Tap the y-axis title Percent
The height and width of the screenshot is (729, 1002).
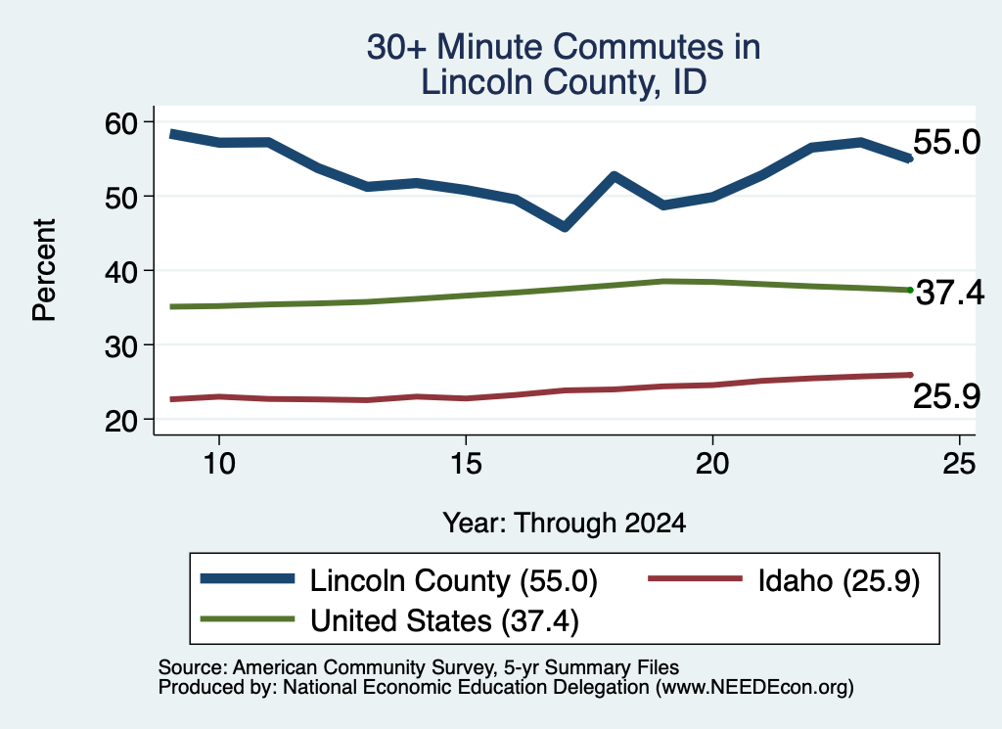44,270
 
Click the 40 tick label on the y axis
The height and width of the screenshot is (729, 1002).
121,271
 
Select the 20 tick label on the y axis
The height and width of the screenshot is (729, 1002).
121,421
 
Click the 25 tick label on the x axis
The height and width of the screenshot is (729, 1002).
959,463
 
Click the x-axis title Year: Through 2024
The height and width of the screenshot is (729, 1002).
565,523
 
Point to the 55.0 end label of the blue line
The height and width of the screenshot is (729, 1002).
946,141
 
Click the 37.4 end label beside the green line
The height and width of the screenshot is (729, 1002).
949,293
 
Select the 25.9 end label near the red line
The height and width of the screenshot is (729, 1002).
946,395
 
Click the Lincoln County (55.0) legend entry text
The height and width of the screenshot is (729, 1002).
454,581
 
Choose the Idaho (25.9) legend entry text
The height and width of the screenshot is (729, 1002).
839,581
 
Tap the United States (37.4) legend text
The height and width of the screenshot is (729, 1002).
445,621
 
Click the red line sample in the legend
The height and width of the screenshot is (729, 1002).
696,579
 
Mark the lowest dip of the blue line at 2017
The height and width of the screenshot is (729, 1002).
565,227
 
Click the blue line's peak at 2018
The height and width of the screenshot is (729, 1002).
614,176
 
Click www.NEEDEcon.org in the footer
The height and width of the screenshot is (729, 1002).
754,688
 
